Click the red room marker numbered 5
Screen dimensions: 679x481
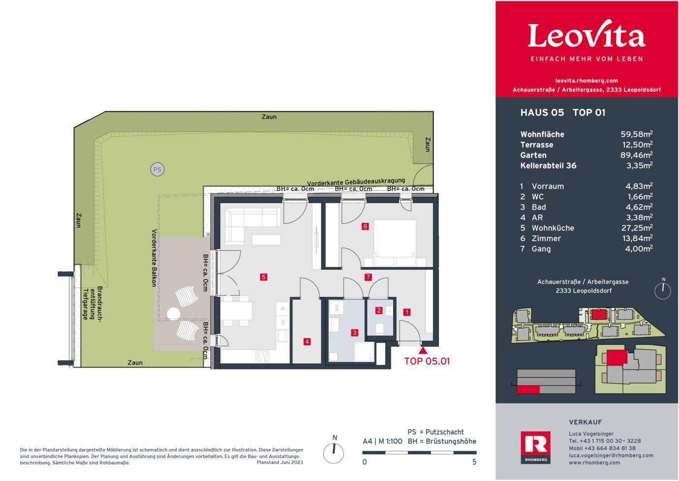click(x=263, y=277)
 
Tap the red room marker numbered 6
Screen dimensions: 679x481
click(x=365, y=226)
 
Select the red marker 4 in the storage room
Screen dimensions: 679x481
click(x=307, y=342)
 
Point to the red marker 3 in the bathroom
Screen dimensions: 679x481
click(x=354, y=333)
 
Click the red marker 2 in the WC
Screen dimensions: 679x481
click(x=378, y=310)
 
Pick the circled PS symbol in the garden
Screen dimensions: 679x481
click(x=157, y=169)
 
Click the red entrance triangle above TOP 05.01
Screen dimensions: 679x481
click(x=423, y=350)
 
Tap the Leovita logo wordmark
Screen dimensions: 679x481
click(x=586, y=34)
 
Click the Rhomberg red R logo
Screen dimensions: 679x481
click(x=536, y=447)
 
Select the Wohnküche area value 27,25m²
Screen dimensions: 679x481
click(x=637, y=228)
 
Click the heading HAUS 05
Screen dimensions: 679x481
click(x=542, y=113)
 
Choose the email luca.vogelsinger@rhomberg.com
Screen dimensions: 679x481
click(x=611, y=455)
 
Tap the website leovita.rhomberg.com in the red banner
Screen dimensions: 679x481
click(x=586, y=81)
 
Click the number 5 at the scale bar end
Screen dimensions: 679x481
click(x=474, y=462)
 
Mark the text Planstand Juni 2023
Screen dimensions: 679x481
click(x=280, y=462)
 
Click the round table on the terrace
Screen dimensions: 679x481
click(x=174, y=314)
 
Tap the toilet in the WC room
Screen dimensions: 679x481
click(x=380, y=329)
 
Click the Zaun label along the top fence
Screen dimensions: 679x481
click(x=269, y=117)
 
